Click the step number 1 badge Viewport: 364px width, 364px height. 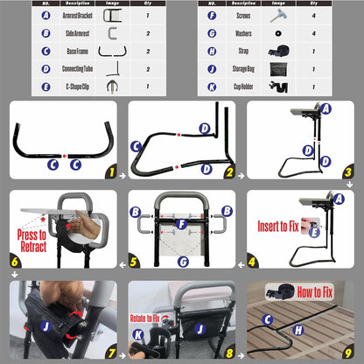[x=110, y=175]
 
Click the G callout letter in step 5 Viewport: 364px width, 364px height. [x=181, y=260]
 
